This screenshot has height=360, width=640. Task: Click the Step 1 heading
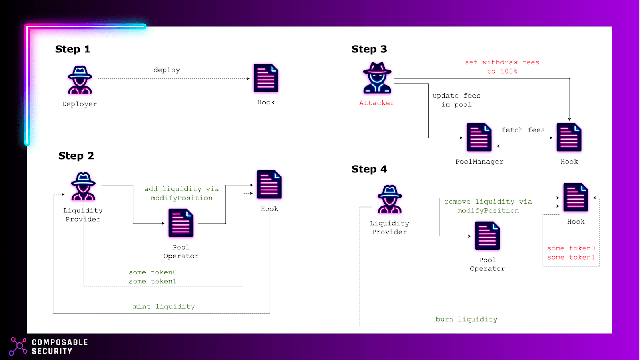click(x=72, y=49)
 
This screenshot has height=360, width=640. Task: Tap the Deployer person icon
click(x=80, y=80)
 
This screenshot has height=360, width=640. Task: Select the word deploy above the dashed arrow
click(x=166, y=70)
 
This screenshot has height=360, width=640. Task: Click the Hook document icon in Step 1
click(x=266, y=78)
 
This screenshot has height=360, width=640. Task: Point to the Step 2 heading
click(x=76, y=156)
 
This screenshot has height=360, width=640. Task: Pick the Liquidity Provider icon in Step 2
click(x=83, y=186)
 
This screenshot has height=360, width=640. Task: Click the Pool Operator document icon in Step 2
click(x=181, y=223)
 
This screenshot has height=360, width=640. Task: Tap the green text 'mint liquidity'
click(x=164, y=306)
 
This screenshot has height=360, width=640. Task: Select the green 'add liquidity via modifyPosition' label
click(x=182, y=194)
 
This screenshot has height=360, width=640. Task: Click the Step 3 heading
click(x=369, y=49)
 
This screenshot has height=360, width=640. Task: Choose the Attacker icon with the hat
click(x=377, y=78)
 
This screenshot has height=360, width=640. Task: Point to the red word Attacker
click(x=376, y=103)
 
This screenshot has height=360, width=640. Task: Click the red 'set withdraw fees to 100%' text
click(x=502, y=67)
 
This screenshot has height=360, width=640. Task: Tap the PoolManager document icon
click(x=479, y=137)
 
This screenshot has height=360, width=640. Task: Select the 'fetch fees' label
click(x=523, y=130)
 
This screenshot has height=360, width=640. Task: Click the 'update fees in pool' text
click(x=456, y=100)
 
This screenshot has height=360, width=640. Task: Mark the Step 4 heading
click(x=369, y=169)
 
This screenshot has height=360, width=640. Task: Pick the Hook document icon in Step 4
click(x=576, y=198)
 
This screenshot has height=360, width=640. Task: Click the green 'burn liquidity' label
click(x=466, y=319)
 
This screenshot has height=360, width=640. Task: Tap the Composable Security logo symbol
click(x=18, y=346)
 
